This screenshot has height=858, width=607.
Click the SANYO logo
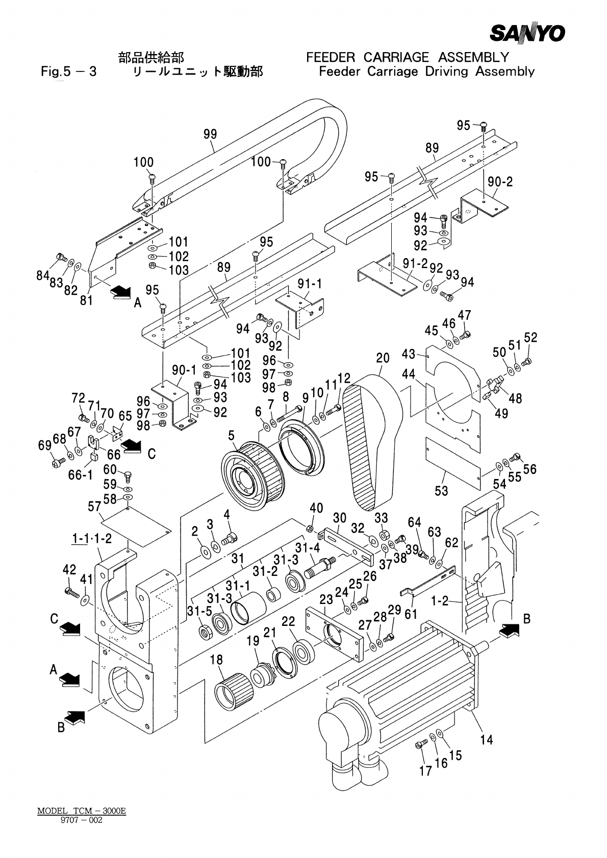pos(527,33)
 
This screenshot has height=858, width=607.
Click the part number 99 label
pos(210,134)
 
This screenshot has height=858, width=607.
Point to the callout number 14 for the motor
pos(487,740)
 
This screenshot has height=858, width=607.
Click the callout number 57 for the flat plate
pos(94,507)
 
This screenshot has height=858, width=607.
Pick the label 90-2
pos(500,182)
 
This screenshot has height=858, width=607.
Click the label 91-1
pos(310,284)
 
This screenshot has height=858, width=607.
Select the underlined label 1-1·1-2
pos(92,539)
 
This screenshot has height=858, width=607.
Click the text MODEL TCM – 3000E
pos(82,811)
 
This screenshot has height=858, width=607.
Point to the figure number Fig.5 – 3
pos(69,71)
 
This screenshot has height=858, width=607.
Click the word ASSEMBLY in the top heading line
pos(473,57)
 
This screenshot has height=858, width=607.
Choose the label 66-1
pos(81,475)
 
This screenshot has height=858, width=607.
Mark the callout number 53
pos(441,491)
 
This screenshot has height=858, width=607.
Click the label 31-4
pos(307,548)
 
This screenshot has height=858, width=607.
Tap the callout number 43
pos(409,354)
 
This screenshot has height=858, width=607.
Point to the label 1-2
pos(440,600)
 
